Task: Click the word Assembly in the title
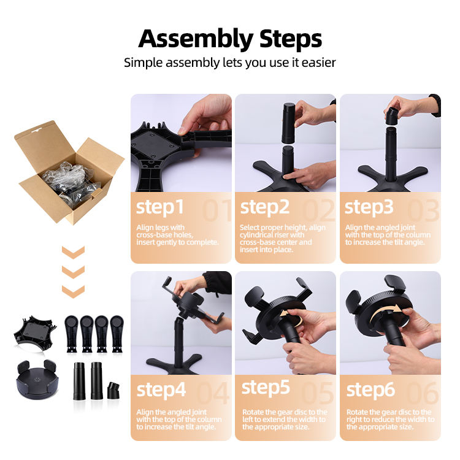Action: point(196,40)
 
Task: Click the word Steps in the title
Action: point(291,39)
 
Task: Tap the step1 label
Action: point(160,208)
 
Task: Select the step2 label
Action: point(264,208)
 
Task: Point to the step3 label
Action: point(369,208)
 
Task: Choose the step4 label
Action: point(161,391)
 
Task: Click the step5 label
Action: point(266,388)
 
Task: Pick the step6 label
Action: point(370,391)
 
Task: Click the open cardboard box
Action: point(69,172)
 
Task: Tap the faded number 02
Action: point(319,210)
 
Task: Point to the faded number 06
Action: point(423,393)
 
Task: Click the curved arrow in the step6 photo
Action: point(385,313)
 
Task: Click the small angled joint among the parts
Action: point(113,391)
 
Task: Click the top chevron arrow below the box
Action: point(73,252)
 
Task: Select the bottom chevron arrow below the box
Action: point(73,291)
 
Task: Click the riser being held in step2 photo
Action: point(288,123)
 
